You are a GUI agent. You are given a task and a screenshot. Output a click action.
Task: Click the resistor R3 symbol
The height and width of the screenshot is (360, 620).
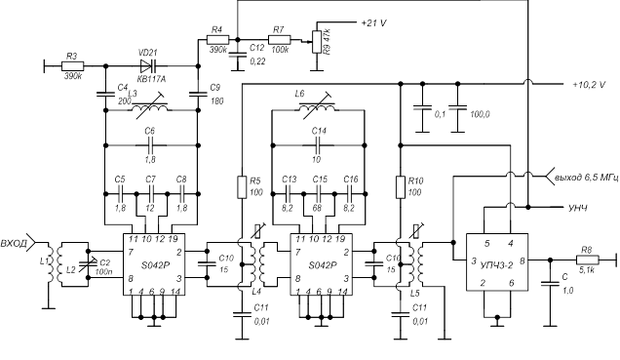(x=71, y=66)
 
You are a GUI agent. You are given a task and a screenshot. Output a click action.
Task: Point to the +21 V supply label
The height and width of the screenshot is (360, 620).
(x=377, y=21)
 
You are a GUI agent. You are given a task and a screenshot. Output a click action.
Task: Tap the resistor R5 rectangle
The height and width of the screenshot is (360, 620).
(x=240, y=185)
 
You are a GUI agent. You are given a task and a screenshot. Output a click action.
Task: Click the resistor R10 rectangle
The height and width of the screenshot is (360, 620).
(x=400, y=185)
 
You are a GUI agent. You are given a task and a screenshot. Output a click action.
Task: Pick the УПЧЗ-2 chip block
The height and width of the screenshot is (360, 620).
(x=497, y=260)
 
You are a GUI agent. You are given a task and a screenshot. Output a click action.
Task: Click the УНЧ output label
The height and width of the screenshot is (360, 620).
(x=578, y=207)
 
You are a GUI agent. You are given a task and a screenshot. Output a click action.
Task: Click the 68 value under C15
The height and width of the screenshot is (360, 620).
(x=319, y=188)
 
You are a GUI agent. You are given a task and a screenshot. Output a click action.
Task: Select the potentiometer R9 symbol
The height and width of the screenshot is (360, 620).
(x=317, y=42)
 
